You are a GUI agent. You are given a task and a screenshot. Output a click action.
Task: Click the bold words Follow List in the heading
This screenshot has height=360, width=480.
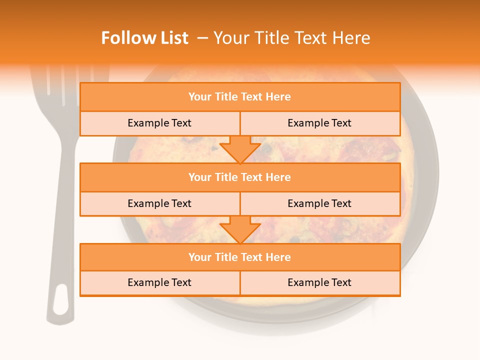[144, 38]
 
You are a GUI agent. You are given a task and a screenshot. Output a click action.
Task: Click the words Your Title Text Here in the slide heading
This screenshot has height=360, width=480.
[291, 38]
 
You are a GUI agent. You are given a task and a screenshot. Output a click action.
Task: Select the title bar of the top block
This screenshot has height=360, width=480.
[240, 97]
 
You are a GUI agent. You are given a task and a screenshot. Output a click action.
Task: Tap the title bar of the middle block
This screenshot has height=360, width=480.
[240, 177]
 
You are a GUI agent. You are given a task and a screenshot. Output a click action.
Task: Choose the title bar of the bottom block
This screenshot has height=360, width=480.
[240, 257]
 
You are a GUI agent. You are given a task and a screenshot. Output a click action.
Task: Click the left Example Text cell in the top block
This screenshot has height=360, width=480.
[159, 123]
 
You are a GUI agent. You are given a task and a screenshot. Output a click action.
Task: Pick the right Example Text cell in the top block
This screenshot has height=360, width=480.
[319, 123]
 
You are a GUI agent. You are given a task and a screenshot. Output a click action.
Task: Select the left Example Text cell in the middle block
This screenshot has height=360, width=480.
[159, 203]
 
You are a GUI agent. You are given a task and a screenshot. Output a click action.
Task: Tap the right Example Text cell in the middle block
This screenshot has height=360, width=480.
[319, 203]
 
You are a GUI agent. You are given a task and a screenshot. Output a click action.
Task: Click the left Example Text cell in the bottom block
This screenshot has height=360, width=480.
[159, 282]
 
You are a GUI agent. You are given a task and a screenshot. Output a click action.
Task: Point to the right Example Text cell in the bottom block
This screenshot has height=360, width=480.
[319, 282]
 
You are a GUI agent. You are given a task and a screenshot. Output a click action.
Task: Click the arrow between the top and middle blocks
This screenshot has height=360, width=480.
[240, 149]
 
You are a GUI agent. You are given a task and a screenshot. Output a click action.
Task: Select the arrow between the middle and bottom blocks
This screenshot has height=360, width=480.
[240, 229]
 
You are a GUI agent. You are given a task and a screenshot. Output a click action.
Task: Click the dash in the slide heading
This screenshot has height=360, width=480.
[202, 38]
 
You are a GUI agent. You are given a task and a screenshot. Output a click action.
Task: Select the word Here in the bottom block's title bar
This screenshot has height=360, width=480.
[278, 257]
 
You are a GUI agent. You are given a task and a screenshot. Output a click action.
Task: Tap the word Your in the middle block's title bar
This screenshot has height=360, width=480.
[199, 177]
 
